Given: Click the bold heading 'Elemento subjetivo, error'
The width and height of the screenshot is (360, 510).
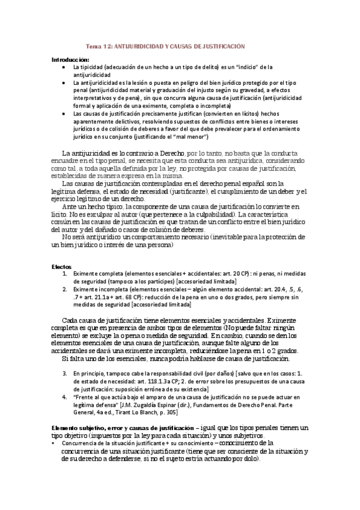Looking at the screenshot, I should [91, 427].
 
